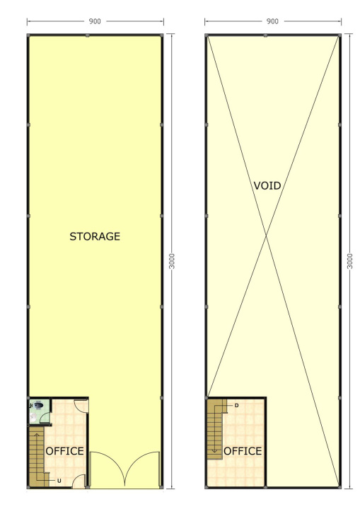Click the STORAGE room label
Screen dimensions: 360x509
[x=95, y=236]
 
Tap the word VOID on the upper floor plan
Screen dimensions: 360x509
[x=267, y=186]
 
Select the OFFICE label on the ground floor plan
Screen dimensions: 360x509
[x=64, y=451]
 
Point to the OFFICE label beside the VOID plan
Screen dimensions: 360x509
[x=243, y=451]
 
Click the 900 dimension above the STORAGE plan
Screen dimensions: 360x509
[x=95, y=21]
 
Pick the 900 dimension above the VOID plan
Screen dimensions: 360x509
[x=272, y=21]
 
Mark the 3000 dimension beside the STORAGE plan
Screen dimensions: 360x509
[x=172, y=262]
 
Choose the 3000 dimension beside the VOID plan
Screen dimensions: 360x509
[x=349, y=262]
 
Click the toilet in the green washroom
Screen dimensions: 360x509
[x=37, y=405]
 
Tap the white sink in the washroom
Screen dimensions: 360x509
[x=33, y=418]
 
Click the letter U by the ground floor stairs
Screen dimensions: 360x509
[x=59, y=481]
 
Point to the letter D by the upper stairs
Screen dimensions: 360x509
[x=236, y=406]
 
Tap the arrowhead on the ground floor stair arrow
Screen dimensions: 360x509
[x=37, y=434]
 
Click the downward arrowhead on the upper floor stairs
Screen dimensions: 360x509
[x=214, y=451]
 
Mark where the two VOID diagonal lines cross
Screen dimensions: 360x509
[x=267, y=237]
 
